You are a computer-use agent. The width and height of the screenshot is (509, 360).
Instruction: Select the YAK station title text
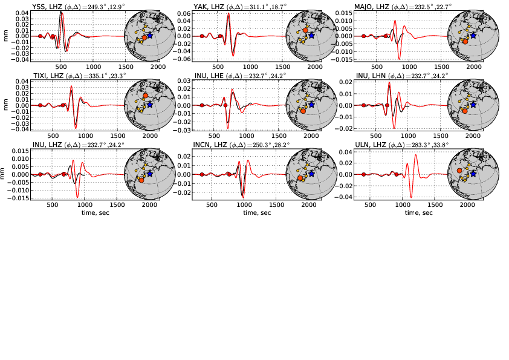pos(235,7)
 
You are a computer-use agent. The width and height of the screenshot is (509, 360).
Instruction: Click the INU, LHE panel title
pos(236,76)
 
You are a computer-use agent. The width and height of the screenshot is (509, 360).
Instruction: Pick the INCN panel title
pos(236,145)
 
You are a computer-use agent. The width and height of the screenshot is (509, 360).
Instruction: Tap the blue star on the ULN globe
pos(473,174)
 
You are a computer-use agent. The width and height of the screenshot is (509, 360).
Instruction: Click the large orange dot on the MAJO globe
pos(465,41)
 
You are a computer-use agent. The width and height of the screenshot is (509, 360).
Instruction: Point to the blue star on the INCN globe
pos(311,174)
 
